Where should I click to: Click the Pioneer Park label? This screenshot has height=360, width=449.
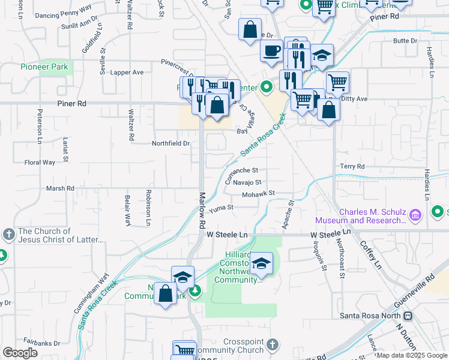pyautogui.click(x=44, y=67)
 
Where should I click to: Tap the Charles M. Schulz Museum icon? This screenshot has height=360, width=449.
pyautogui.click(x=415, y=215)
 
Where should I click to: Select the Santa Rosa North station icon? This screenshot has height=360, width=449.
pyautogui.click(x=408, y=316)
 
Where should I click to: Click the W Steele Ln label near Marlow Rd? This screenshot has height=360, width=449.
pyautogui.click(x=227, y=234)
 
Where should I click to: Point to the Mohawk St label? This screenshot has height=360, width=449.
pyautogui.click(x=258, y=194)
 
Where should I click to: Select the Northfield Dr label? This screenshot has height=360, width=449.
pyautogui.click(x=170, y=143)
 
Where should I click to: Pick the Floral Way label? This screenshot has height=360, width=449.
pyautogui.click(x=40, y=162)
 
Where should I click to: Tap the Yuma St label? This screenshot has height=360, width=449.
pyautogui.click(x=221, y=207)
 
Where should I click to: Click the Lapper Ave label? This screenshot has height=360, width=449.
pyautogui.click(x=128, y=73)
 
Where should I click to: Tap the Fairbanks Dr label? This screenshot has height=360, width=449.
pyautogui.click(x=43, y=344)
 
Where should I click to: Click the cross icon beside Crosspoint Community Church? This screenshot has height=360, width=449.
pyautogui.click(x=273, y=345)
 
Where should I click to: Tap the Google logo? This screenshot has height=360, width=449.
pyautogui.click(x=20, y=353)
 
